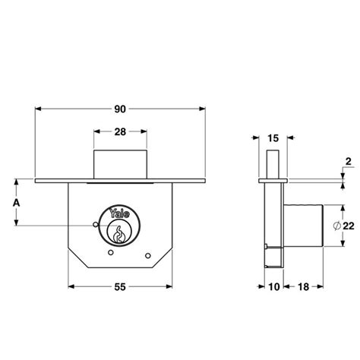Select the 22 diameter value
click(347, 226)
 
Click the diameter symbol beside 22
click(334, 226)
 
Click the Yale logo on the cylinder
click(119, 214)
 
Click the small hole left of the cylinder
click(93, 225)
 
